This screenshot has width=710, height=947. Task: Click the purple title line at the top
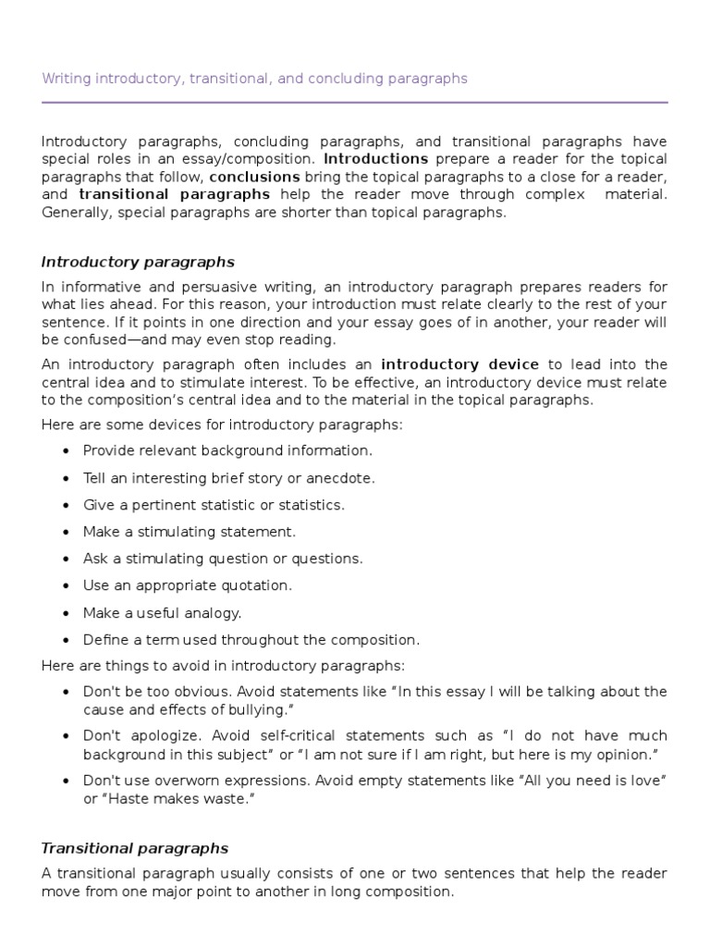[254, 79]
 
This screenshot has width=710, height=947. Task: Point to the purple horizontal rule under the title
[354, 102]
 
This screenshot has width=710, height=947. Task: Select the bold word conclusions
[254, 177]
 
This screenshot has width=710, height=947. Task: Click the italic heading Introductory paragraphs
[139, 262]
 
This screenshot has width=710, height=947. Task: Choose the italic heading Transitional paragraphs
[135, 848]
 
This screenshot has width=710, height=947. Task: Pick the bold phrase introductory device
[459, 364]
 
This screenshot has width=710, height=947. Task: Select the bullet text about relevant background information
[227, 450]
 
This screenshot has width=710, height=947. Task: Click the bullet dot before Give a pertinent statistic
[65, 506]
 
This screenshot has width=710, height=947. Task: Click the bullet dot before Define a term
[65, 640]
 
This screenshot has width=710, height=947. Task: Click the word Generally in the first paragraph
[74, 212]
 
